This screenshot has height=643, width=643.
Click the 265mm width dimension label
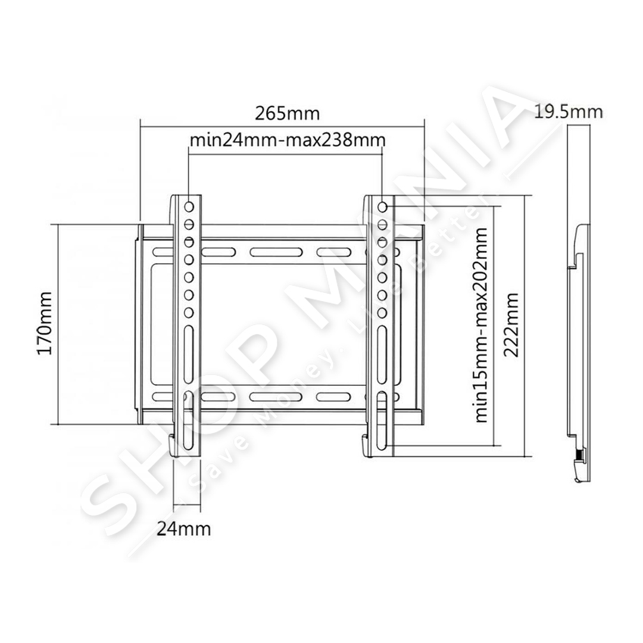pos(287,113)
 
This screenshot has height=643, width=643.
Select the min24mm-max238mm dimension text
pos(288,141)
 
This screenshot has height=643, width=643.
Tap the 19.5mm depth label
pos(569,112)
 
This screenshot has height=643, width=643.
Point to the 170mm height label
pos(45,323)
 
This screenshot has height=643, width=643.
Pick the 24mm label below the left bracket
pos(184,529)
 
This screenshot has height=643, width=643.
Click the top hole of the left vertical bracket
pos(189,207)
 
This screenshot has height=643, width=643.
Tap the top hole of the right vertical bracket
pos(382,207)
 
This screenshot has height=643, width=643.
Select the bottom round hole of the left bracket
pos(189,313)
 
